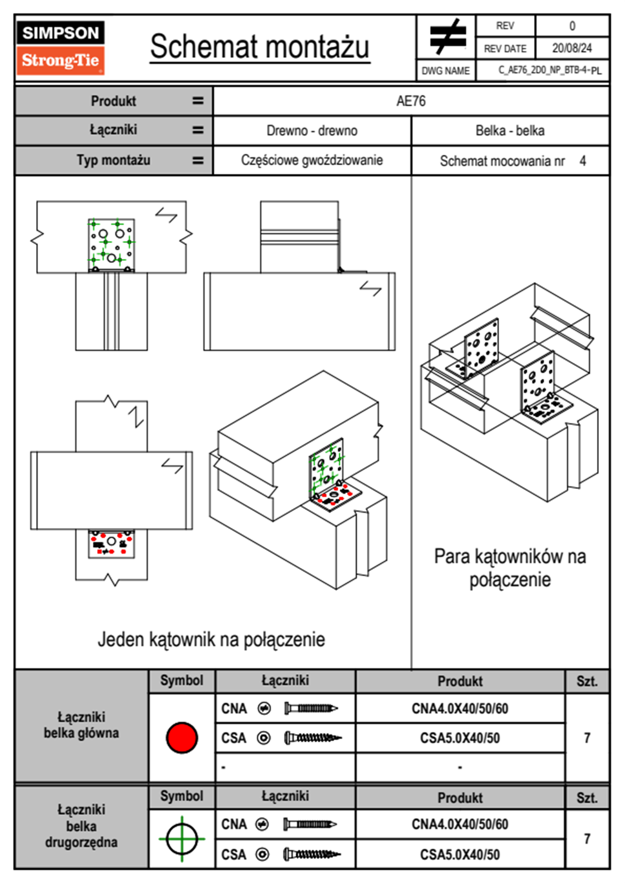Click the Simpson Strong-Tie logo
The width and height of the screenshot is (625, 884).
(60, 47)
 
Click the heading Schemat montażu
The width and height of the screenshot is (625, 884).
(259, 47)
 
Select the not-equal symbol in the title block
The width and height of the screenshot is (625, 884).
(447, 37)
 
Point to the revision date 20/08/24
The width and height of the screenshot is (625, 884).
(571, 48)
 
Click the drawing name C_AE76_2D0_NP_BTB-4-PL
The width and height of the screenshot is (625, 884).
(549, 70)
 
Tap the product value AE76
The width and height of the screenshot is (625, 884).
(411, 101)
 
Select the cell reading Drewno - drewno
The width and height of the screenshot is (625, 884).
(312, 130)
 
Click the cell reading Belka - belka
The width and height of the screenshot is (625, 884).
(510, 130)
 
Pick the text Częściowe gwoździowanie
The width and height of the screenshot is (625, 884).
(312, 160)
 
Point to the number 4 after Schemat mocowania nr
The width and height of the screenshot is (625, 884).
(582, 161)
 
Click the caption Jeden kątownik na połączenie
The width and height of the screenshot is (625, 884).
(211, 640)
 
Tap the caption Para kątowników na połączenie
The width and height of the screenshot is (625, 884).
(510, 568)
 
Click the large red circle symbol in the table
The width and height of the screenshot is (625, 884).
(182, 737)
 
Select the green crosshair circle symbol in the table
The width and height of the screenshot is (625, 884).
(182, 839)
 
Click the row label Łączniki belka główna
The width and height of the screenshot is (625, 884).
(81, 725)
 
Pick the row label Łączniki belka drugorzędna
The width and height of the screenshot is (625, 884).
(81, 826)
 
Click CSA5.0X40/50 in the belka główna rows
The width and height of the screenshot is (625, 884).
(460, 738)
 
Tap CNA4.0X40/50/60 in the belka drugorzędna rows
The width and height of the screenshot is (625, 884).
(460, 824)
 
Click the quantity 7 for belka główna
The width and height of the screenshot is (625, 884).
(587, 738)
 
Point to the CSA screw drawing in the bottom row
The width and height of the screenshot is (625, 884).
(311, 855)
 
